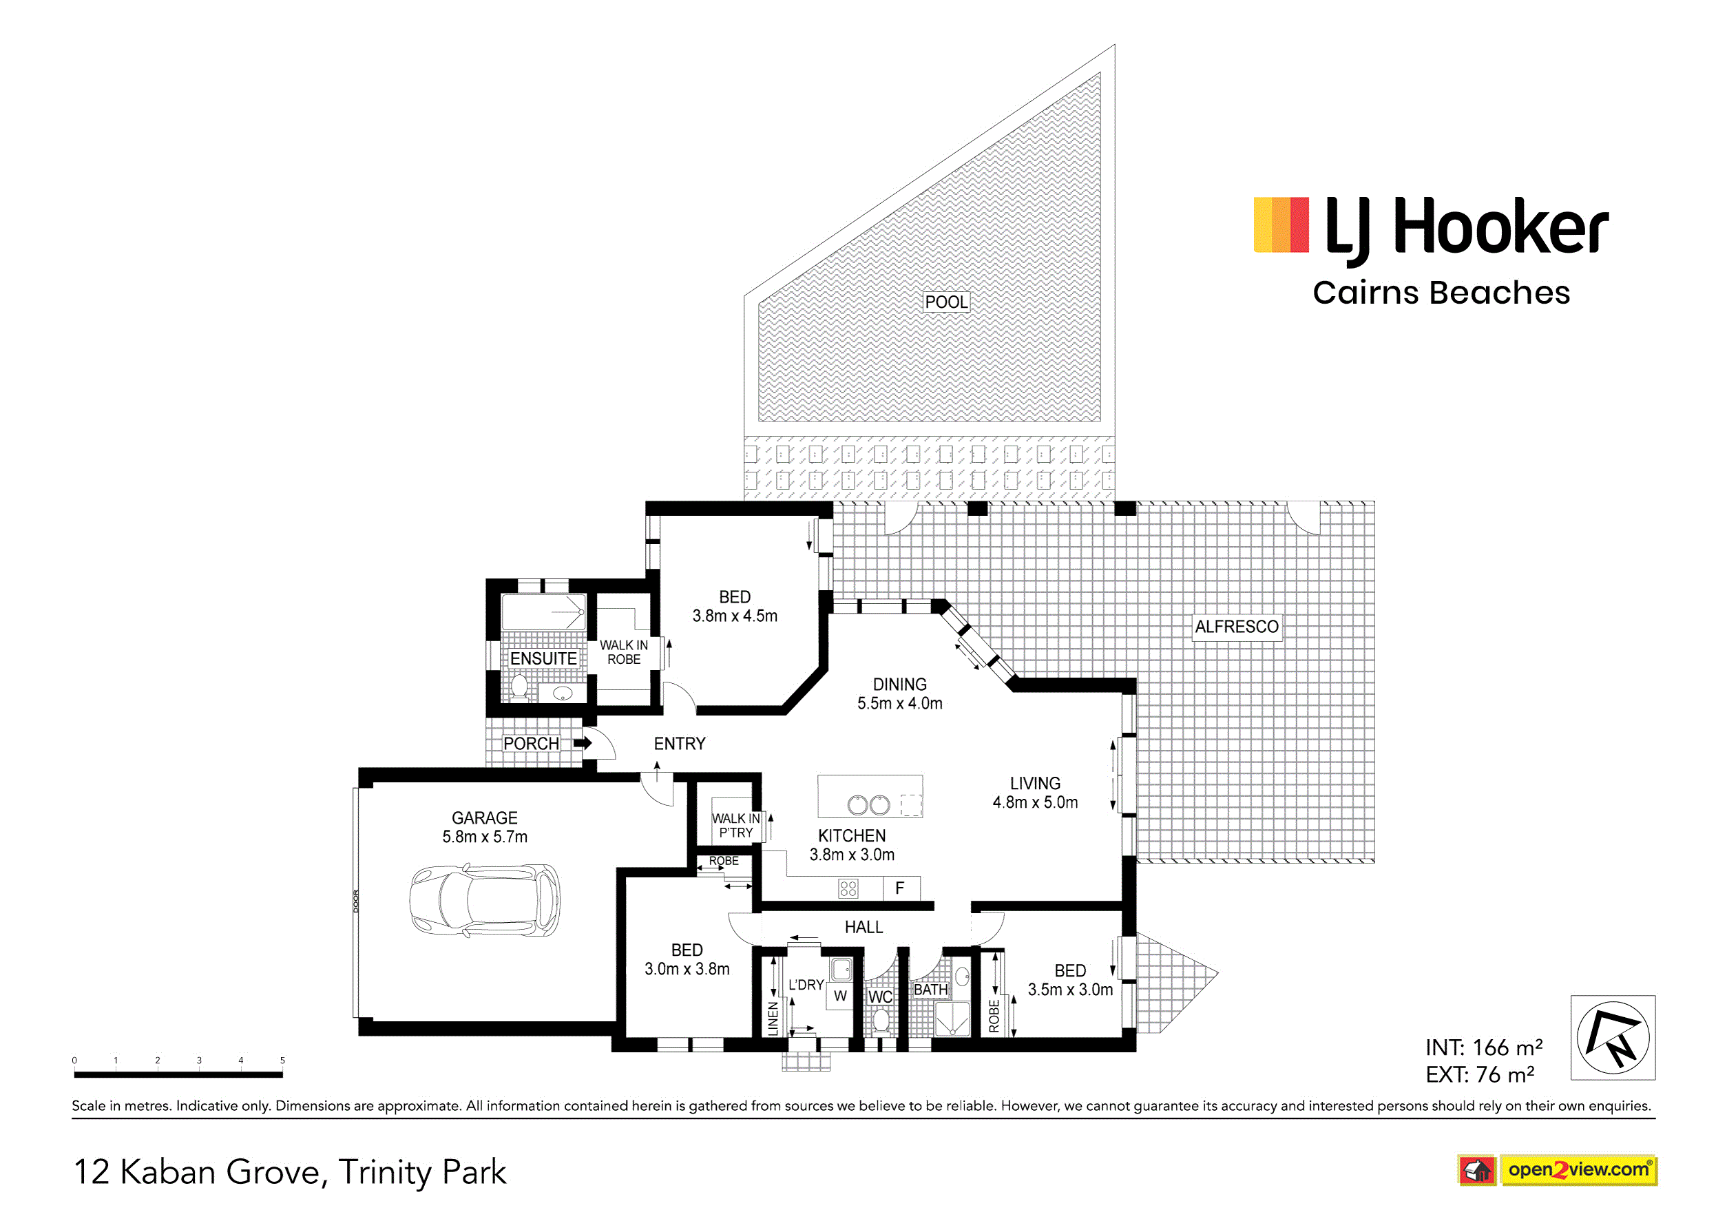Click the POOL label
click(946, 302)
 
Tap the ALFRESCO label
click(1237, 627)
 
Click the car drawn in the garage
click(484, 900)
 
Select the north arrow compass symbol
click(1613, 1037)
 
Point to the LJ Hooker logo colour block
click(1281, 225)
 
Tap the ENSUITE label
click(543, 658)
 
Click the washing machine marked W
click(840, 995)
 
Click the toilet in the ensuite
click(519, 686)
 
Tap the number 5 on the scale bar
click(283, 1060)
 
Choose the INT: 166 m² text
click(1484, 1047)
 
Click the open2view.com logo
click(1557, 1171)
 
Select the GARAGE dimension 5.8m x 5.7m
click(485, 837)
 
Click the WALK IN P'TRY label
click(735, 825)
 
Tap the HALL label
click(863, 927)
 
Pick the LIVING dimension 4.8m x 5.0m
click(1035, 802)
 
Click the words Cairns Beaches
click(1441, 293)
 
